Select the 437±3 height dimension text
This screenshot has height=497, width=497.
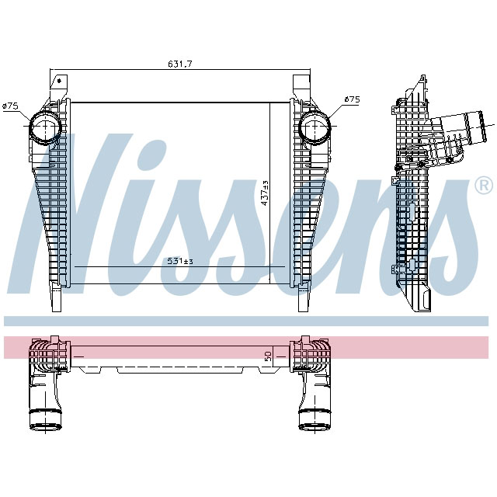coord(265,193)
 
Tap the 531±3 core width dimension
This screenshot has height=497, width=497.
coord(179,261)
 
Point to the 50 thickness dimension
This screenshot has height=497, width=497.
coord(268,357)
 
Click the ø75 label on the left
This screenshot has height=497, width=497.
coord(11,105)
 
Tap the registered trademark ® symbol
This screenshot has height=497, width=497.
coord(482,186)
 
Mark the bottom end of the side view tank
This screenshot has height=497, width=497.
coord(423,299)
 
